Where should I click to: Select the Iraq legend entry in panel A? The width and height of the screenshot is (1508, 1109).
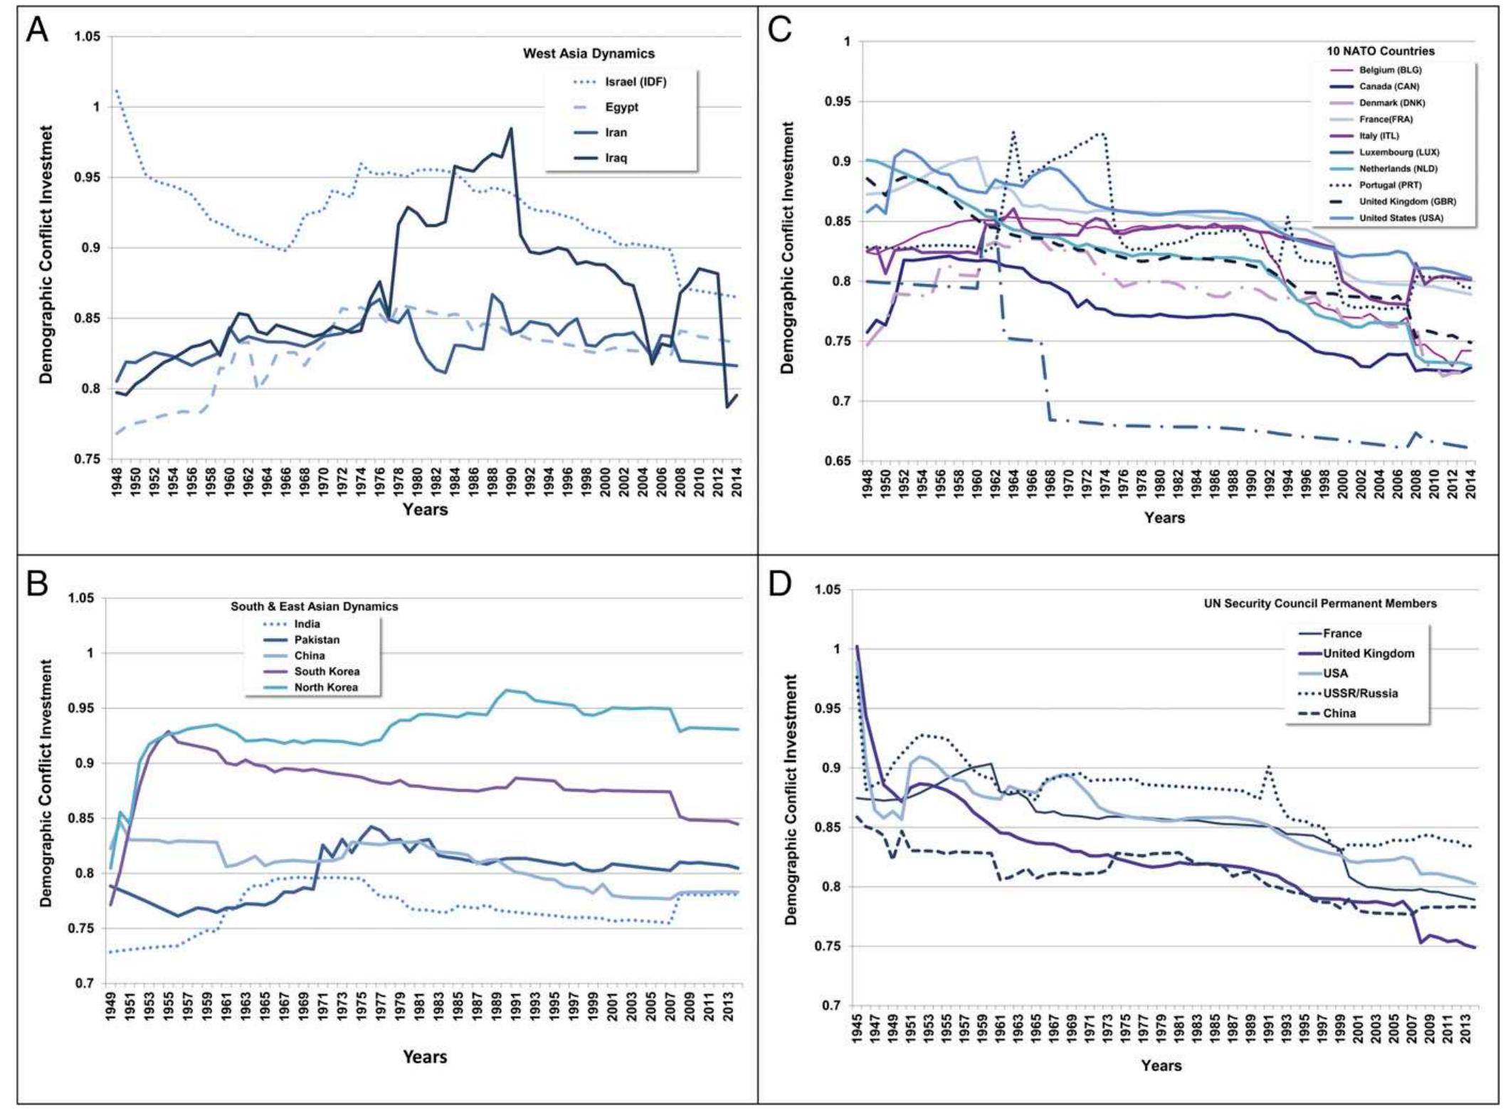point(616,158)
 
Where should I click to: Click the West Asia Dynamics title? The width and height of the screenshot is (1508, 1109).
point(589,53)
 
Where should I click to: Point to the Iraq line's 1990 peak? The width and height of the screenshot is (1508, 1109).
point(511,129)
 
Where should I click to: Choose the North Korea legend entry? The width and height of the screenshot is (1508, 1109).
point(326,687)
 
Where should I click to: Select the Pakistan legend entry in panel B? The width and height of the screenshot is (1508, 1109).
point(317,640)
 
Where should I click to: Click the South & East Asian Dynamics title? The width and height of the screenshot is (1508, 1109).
point(314,607)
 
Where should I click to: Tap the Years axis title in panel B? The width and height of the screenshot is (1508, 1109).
point(425,1056)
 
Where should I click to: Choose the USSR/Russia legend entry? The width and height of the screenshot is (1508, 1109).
point(1360,693)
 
